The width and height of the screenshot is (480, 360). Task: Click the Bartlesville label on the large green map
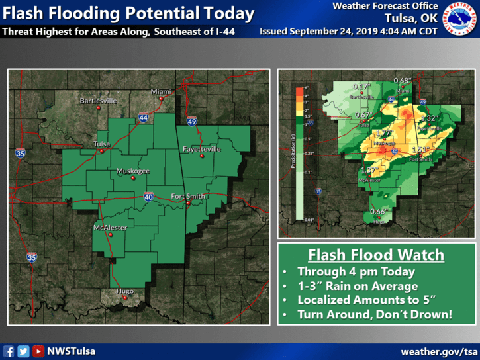tap(98, 101)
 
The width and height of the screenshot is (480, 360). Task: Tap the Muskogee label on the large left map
tap(133, 171)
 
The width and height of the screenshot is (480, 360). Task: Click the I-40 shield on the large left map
tap(148, 197)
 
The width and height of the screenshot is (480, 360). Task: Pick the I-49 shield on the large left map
tap(191, 122)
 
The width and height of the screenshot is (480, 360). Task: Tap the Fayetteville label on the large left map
tap(201, 150)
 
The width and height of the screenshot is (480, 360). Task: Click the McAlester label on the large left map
tap(110, 228)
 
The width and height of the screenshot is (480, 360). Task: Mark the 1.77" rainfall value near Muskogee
tap(383, 132)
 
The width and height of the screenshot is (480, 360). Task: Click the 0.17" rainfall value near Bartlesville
tap(361, 87)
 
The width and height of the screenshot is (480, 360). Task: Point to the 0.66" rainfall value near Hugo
tap(378, 211)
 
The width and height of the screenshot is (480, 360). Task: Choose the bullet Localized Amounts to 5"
tap(361, 300)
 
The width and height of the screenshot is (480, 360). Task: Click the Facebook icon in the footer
tap(9, 351)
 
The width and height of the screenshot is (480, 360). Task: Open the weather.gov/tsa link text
tap(439, 351)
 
